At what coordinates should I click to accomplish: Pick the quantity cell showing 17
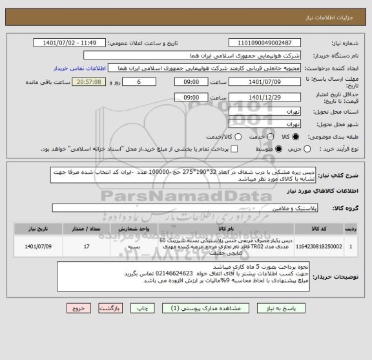87,246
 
